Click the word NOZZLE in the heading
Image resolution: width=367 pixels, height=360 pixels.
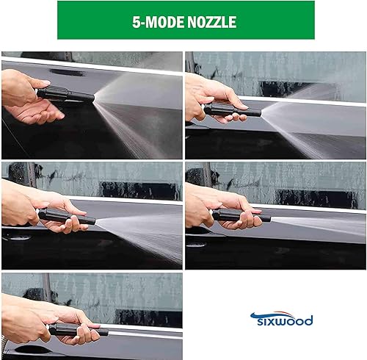[208, 22]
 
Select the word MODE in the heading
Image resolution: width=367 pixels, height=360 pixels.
[162, 22]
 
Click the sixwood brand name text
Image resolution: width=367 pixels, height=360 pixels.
[283, 321]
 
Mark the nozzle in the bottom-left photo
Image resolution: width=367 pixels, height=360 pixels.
[78, 329]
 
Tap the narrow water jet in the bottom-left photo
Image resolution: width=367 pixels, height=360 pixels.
[147, 333]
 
